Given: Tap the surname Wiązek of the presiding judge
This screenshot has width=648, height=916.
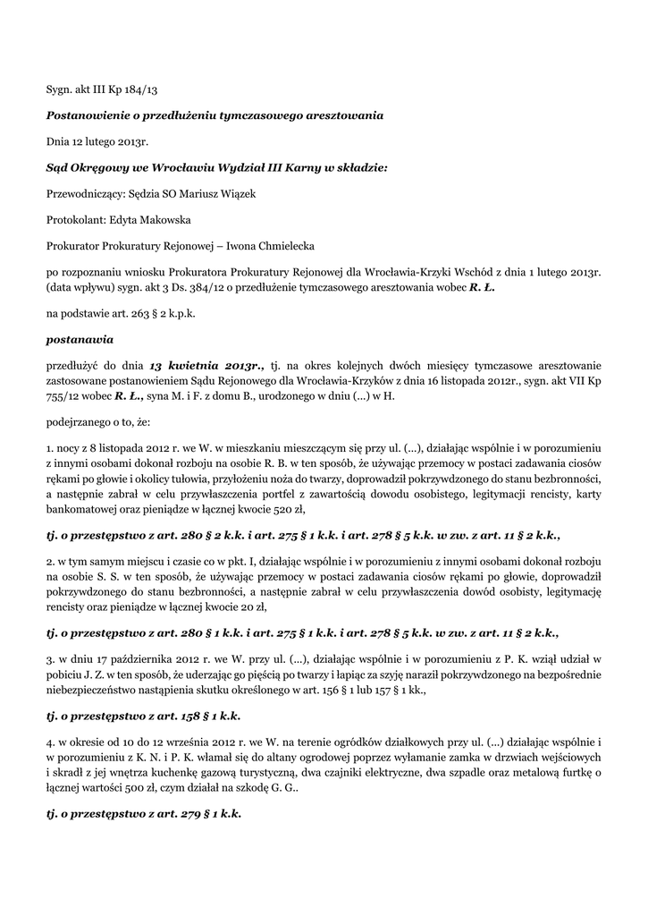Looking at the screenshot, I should click(x=235, y=193).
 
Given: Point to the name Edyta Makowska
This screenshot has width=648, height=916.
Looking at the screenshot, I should click(x=150, y=219).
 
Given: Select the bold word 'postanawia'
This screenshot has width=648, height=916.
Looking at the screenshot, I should click(x=80, y=339).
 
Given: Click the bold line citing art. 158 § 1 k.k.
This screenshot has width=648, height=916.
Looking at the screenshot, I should click(x=144, y=717).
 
